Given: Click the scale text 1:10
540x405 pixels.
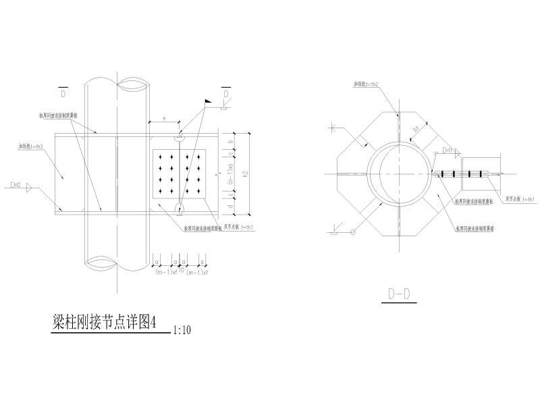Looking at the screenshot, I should [182, 331].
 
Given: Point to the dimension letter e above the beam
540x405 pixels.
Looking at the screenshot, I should [164, 119].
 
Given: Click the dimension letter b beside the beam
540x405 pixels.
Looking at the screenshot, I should [231, 142].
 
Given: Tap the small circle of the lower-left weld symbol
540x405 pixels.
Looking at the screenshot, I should [352, 232].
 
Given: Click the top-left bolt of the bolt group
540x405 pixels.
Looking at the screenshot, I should [161, 157].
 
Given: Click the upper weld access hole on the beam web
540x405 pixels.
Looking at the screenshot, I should [180, 137].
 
